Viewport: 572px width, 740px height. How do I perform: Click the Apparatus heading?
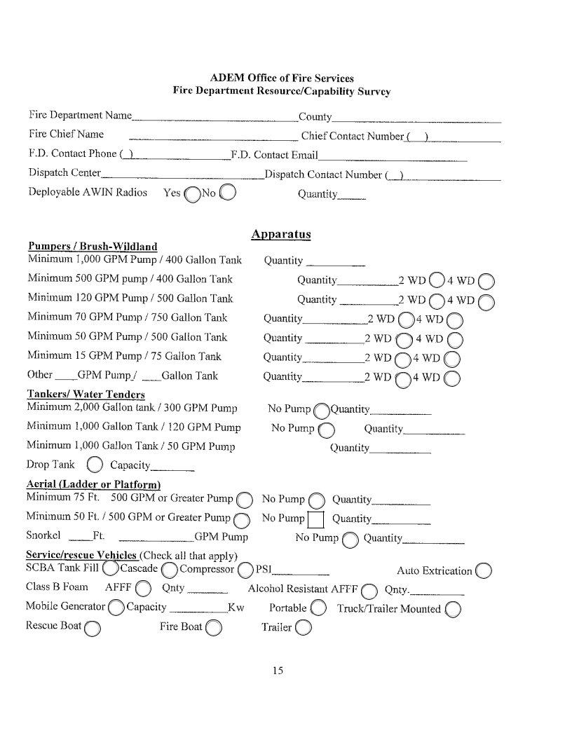[x=280, y=234]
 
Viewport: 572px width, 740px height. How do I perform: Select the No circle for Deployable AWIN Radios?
[x=228, y=192]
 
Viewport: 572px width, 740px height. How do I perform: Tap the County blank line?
[x=416, y=120]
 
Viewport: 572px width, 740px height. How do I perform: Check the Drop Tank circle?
[x=95, y=465]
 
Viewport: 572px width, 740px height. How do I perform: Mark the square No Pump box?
[x=315, y=519]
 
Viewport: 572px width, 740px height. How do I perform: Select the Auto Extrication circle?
[x=483, y=570]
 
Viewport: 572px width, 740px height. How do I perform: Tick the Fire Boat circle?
[x=214, y=627]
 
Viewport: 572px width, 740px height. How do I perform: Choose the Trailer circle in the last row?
[x=304, y=627]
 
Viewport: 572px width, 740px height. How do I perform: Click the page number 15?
[x=278, y=671]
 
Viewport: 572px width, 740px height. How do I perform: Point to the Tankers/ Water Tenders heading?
[x=86, y=395]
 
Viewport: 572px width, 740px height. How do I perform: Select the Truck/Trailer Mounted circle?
[x=453, y=609]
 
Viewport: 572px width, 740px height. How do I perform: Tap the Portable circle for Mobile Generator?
[x=318, y=608]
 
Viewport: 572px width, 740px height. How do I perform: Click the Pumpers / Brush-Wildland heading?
[x=92, y=247]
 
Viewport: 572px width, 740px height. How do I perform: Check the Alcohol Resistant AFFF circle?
[x=370, y=589]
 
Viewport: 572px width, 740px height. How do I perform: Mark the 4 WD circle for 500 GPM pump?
[x=487, y=282]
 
